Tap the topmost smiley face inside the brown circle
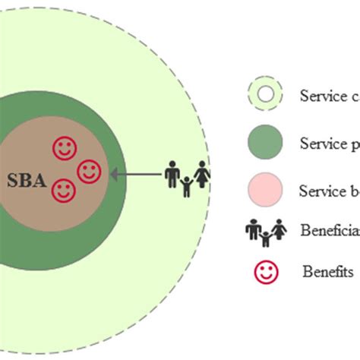[64, 147]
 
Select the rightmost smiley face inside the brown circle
[88, 171]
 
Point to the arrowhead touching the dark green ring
[115, 174]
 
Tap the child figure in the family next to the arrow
[187, 186]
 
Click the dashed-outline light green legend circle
[265, 95]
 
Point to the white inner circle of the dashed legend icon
[265, 95]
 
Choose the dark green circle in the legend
[265, 142]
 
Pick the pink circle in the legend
[265, 189]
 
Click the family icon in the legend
[265, 232]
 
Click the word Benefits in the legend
[327, 271]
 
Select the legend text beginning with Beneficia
[329, 229]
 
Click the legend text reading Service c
[329, 96]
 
